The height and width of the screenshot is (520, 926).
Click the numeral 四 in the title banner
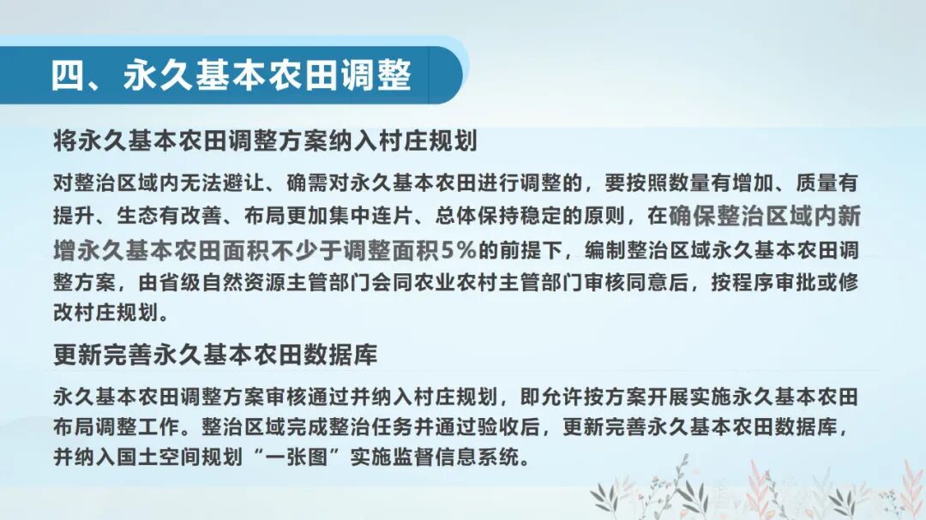69,75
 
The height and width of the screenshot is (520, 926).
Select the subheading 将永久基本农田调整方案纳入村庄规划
265,140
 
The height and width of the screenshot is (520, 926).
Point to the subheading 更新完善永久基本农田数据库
215,353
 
